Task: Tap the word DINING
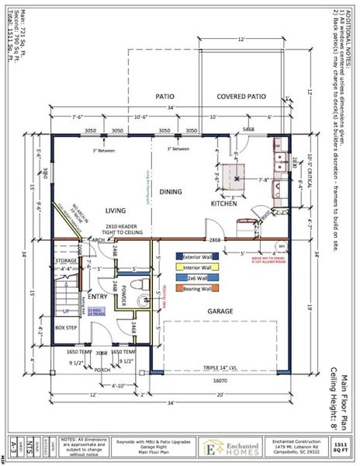coord(171,191)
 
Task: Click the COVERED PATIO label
coord(241,97)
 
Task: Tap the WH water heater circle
coord(282,246)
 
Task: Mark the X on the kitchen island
coord(237,178)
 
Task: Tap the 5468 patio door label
coord(249,129)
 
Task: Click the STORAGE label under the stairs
coord(67,261)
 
